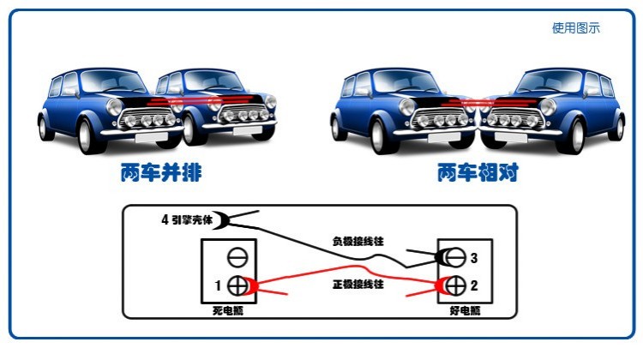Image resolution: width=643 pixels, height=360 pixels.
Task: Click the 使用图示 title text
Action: (576, 28)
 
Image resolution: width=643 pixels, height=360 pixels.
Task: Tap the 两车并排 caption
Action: (161, 172)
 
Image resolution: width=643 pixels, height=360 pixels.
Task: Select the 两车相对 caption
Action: (478, 172)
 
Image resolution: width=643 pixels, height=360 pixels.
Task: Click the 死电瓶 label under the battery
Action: (228, 310)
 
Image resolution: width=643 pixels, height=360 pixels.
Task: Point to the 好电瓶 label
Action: (465, 310)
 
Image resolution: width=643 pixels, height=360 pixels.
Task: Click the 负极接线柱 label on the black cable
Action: (358, 241)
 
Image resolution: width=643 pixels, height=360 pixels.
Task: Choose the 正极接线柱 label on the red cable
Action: (358, 284)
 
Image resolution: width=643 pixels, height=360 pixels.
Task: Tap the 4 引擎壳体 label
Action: (187, 219)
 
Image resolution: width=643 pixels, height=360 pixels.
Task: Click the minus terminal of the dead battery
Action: (237, 257)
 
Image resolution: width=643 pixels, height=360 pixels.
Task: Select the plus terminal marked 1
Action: (237, 285)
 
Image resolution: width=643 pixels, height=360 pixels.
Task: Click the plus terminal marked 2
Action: (455, 285)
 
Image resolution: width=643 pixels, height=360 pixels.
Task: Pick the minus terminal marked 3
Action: (455, 257)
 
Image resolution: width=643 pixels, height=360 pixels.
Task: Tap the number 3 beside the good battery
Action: (474, 258)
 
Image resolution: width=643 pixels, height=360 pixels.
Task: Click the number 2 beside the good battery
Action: (474, 285)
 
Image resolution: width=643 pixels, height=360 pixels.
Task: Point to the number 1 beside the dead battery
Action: (218, 285)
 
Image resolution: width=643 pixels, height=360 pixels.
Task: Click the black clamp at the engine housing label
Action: (225, 219)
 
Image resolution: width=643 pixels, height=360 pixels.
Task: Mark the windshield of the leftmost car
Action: (112, 81)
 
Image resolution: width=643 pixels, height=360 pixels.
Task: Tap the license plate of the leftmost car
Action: (151, 138)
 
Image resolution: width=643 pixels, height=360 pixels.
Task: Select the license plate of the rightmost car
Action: (511, 137)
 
